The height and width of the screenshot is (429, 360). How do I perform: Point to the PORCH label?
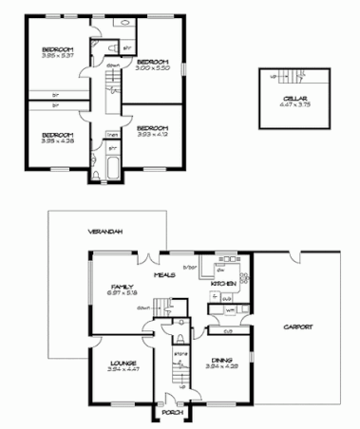point(172,412)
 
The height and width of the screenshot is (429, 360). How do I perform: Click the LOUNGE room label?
point(123,363)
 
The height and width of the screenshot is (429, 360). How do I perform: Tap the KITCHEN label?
point(224,284)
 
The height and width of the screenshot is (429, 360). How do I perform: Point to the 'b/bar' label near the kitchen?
point(190,268)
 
